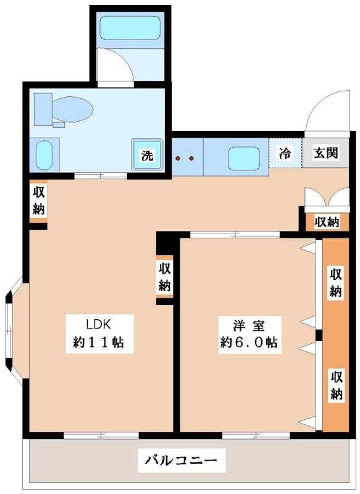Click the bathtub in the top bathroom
[x=130, y=28]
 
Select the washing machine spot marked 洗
[x=147, y=156]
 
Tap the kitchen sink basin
[x=243, y=158]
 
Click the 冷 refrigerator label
[x=285, y=153]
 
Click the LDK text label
[x=101, y=323]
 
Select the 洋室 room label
[x=249, y=323]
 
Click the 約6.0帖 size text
[x=249, y=343]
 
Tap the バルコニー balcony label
[x=181, y=460]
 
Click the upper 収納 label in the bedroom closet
[x=335, y=282]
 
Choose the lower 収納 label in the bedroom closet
[x=335, y=385]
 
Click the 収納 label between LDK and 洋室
[x=164, y=276]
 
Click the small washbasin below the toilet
[x=44, y=154]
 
